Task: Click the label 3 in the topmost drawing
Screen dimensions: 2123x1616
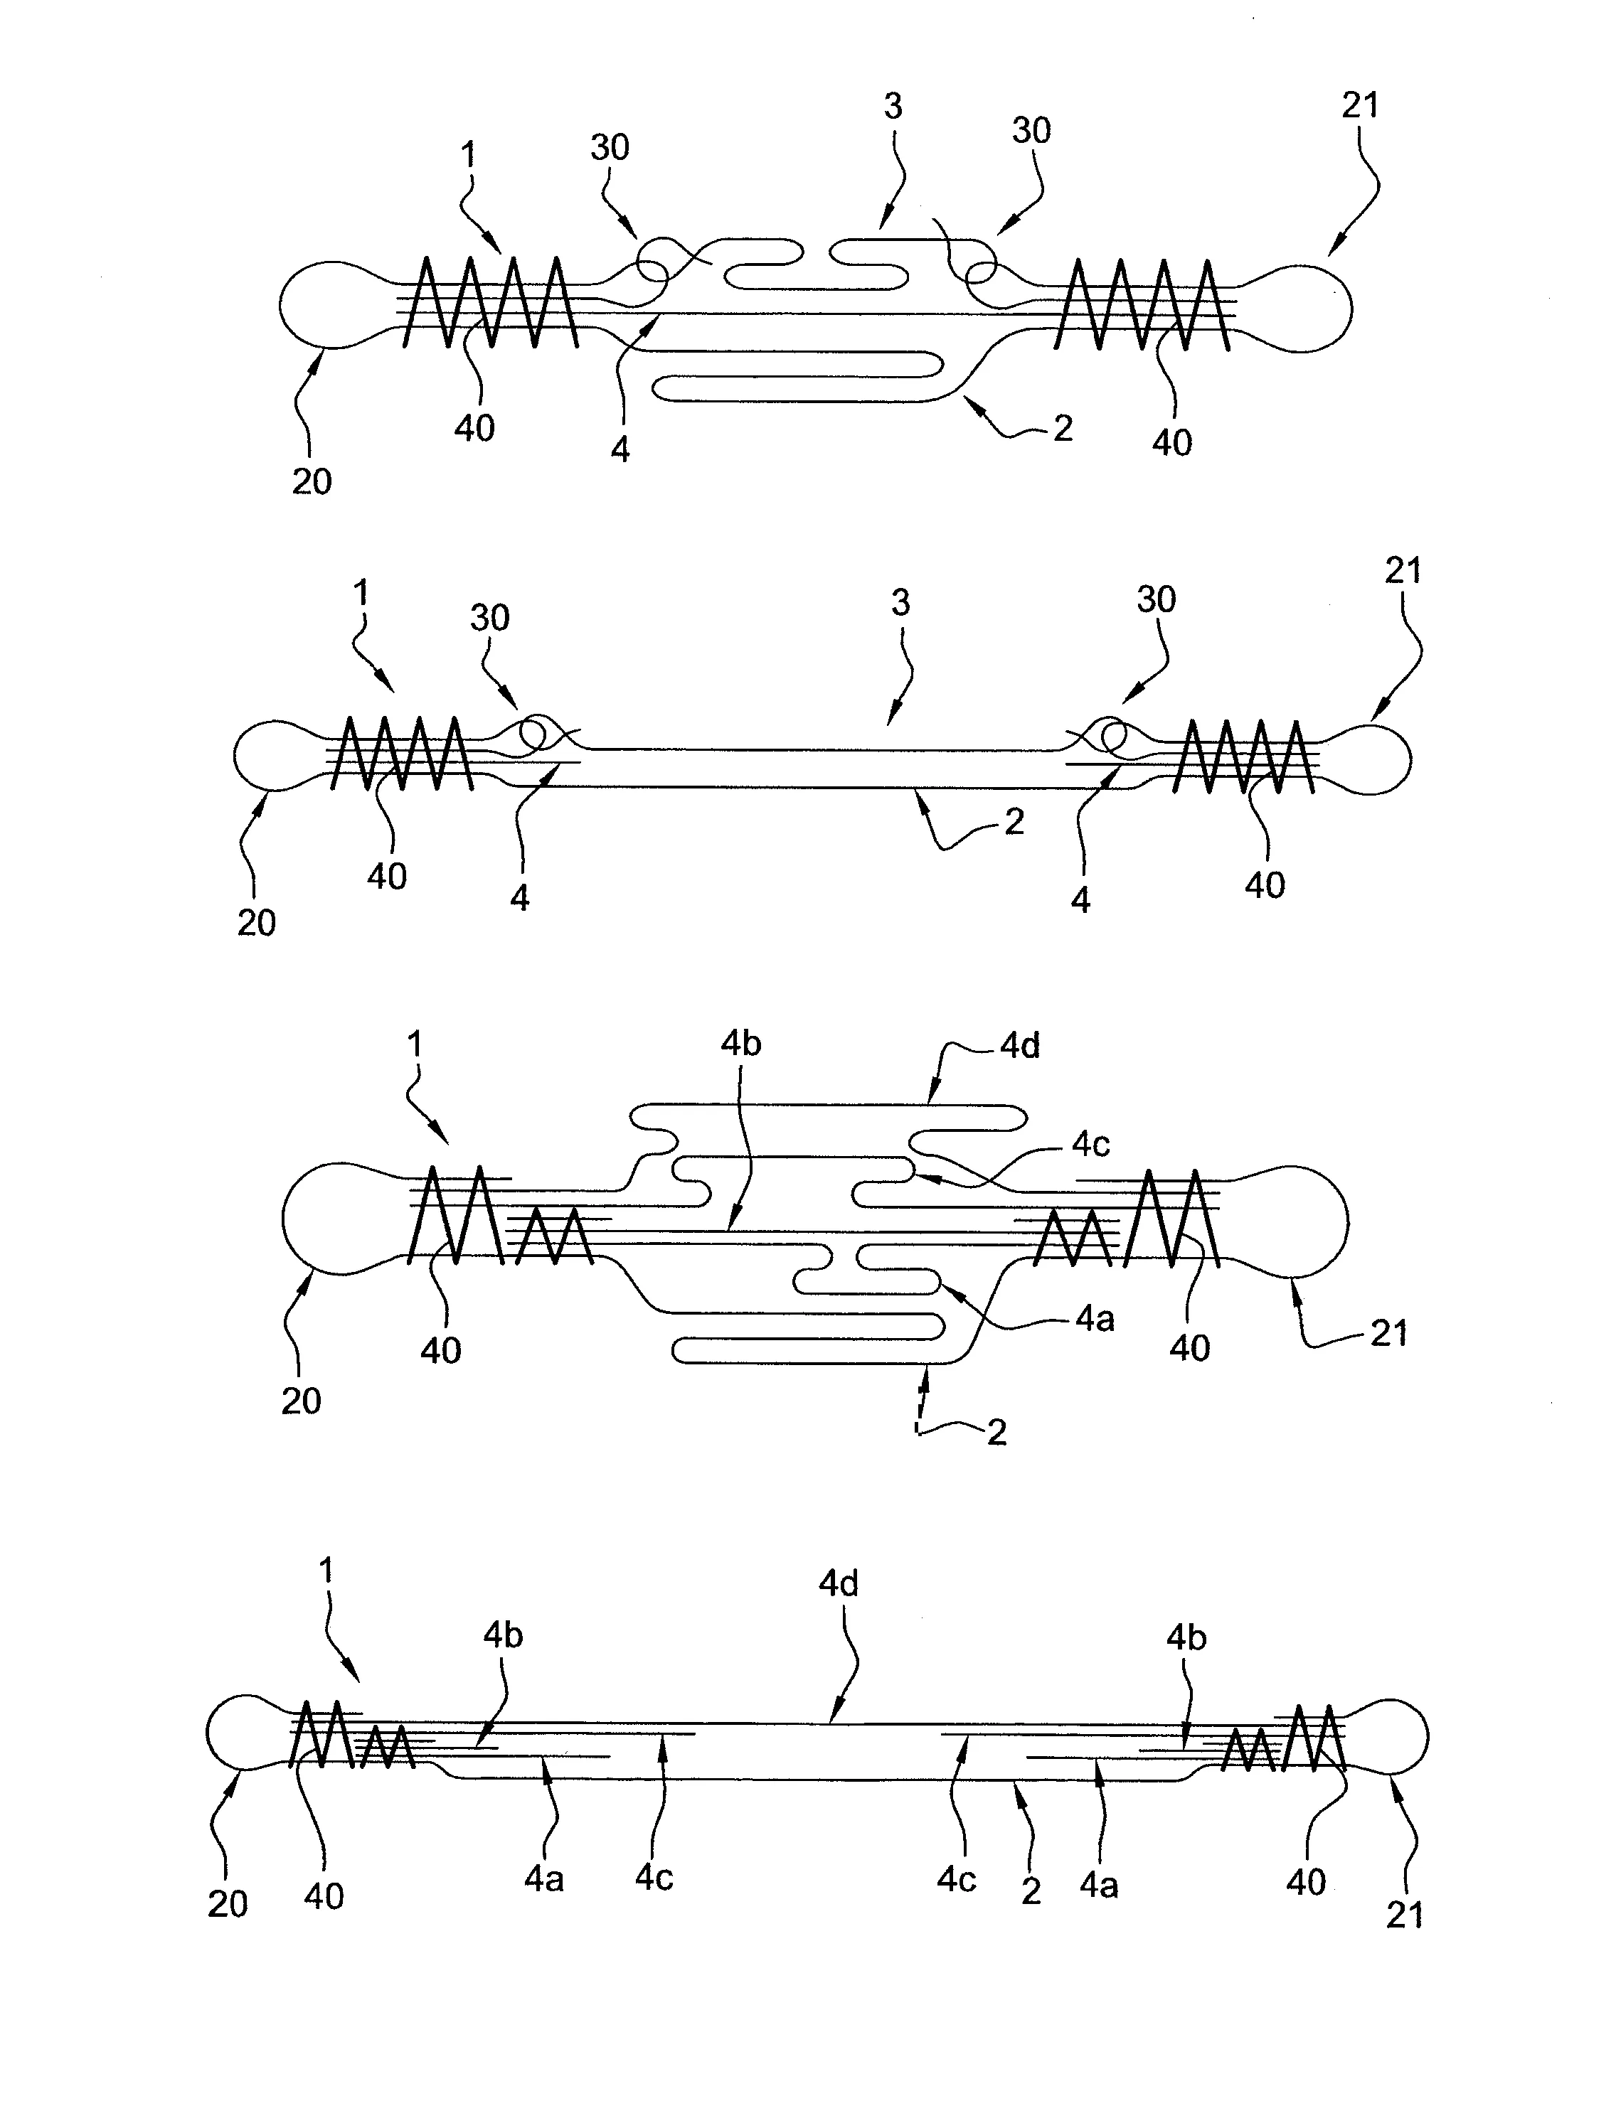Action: [x=893, y=107]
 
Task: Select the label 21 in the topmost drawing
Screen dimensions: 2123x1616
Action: [x=1359, y=106]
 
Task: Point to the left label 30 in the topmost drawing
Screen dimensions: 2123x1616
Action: [x=609, y=148]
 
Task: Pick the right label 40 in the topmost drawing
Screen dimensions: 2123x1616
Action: [x=1171, y=442]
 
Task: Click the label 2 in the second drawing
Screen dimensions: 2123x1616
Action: [x=1014, y=821]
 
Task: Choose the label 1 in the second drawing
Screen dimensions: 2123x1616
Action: [x=361, y=593]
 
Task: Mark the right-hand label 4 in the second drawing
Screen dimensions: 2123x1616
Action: [x=1080, y=900]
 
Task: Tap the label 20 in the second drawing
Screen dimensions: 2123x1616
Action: [x=256, y=922]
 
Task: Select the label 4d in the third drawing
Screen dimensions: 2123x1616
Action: [x=1020, y=1046]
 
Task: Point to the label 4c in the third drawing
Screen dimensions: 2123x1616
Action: [x=1091, y=1144]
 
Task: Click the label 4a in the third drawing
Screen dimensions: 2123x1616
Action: [x=1095, y=1319]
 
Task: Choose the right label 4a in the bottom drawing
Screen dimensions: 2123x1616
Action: [x=1098, y=1886]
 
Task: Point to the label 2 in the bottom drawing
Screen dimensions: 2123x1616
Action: [x=1030, y=1891]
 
